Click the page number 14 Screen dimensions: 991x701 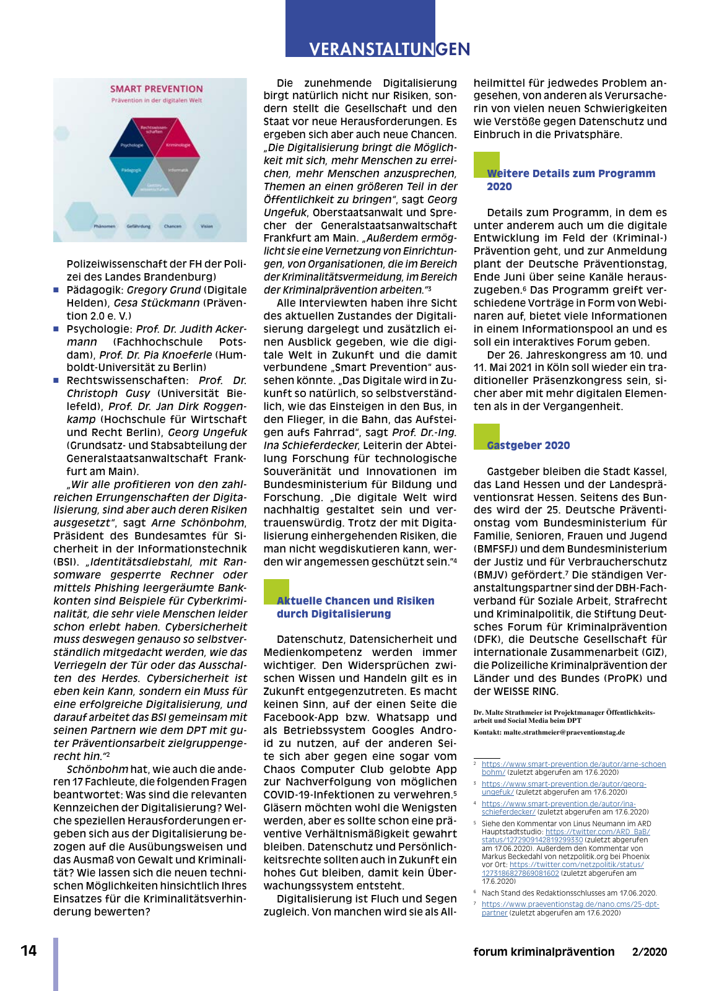click(x=28, y=951)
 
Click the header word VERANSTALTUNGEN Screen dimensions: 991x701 click(x=390, y=49)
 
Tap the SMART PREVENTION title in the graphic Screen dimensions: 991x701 click(x=156, y=89)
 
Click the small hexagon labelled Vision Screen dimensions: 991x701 click(x=207, y=226)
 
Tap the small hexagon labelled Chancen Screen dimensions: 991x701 click(x=173, y=226)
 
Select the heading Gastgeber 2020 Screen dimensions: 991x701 click(x=528, y=445)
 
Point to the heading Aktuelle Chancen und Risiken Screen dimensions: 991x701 click(x=355, y=601)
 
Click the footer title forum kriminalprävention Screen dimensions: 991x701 click(x=544, y=952)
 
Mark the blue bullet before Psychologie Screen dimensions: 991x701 click(x=56, y=329)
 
